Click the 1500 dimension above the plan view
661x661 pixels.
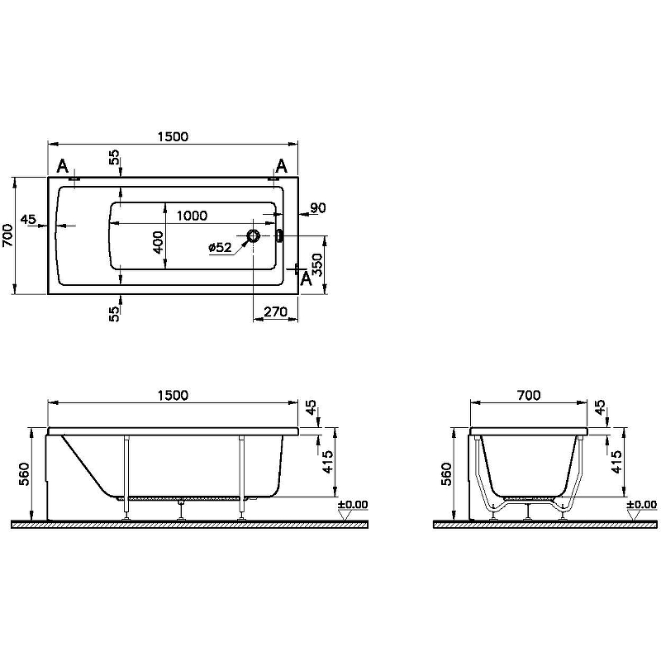click(173, 136)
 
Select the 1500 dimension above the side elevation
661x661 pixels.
click(173, 396)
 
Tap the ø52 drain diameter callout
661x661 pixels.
click(220, 247)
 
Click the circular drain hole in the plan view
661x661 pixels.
click(253, 236)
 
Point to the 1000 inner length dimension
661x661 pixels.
click(192, 216)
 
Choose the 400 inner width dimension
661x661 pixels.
click(158, 242)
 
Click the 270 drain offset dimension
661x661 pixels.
click(276, 312)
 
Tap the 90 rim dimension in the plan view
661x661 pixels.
click(318, 208)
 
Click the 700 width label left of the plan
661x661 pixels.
click(8, 235)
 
